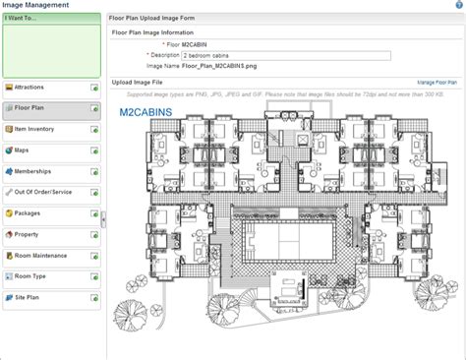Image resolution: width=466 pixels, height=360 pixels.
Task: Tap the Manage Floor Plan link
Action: click(x=437, y=83)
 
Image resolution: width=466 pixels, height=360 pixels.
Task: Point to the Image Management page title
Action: click(x=33, y=6)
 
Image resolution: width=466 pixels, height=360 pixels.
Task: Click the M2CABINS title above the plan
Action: click(x=146, y=113)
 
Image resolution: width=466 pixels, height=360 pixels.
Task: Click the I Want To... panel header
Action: click(x=25, y=19)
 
